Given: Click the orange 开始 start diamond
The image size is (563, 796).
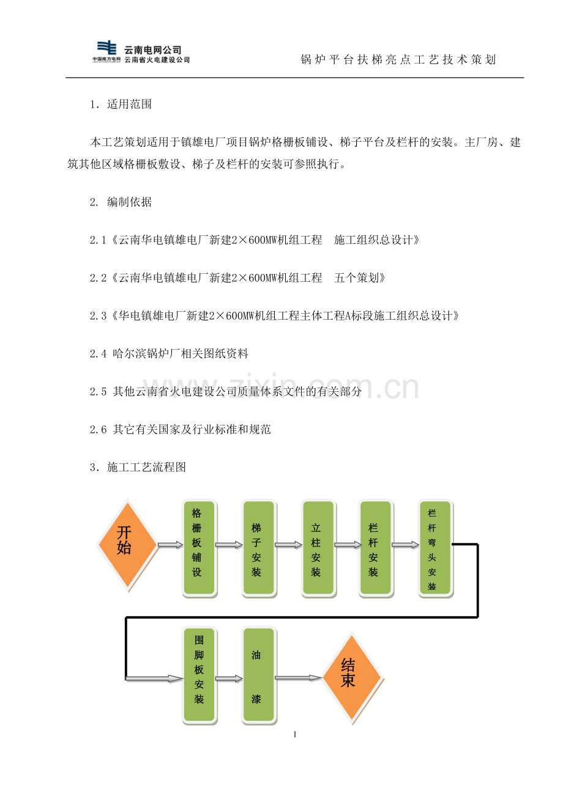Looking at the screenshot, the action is coord(127,544).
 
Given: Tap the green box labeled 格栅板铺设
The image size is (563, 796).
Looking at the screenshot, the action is coord(199,548).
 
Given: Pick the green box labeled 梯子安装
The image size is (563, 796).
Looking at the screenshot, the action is coord(259,548).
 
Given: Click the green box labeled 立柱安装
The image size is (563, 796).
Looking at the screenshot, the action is coord(318,548).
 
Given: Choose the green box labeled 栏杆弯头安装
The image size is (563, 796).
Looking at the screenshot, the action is coord(435,548).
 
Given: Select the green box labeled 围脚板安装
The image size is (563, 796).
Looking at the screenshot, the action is coord(199,675).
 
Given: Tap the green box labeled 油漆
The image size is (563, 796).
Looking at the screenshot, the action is coord(259,675).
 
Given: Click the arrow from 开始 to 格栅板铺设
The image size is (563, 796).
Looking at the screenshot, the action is coord(170,545).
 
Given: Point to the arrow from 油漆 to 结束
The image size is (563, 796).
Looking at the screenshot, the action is coord(299,678).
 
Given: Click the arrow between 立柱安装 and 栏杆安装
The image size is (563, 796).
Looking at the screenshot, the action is coord(348,545).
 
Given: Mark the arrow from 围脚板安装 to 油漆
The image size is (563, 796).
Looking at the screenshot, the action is coord(229,679).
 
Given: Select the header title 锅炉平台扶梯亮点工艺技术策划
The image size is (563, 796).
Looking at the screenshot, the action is coord(398,59).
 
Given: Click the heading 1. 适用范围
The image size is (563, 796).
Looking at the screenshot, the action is coord(121,104).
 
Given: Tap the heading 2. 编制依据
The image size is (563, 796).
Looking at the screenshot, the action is coord(121,202).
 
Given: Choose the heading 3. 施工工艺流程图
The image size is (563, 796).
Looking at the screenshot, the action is coord(138,467).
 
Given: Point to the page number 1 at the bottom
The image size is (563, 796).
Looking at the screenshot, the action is coord(295,734).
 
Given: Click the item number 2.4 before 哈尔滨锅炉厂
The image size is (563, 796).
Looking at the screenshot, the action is coord(98,353).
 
